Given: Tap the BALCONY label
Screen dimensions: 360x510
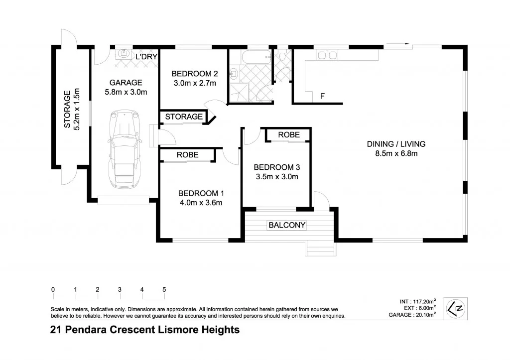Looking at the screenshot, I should click(x=287, y=225).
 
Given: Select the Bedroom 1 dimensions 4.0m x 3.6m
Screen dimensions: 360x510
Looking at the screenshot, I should click(x=200, y=202).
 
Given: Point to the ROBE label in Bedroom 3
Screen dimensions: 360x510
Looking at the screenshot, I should click(x=288, y=135).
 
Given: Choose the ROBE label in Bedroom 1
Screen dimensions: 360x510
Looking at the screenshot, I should click(x=187, y=155).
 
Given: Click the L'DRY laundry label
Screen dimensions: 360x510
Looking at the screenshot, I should click(x=146, y=57).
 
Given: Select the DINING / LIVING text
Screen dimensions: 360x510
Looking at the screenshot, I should click(x=396, y=144).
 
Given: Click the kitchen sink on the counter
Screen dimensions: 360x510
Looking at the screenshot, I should click(x=328, y=54).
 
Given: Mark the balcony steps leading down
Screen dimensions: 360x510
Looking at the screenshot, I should click(x=319, y=247).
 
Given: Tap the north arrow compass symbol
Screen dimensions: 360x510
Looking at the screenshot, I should click(x=455, y=308).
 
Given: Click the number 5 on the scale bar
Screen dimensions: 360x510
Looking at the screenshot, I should click(x=164, y=289).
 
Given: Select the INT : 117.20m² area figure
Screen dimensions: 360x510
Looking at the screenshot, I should click(x=418, y=301).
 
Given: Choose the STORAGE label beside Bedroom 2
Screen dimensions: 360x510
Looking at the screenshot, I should click(x=184, y=117).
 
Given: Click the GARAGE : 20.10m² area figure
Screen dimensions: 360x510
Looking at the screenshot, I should click(x=412, y=314).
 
